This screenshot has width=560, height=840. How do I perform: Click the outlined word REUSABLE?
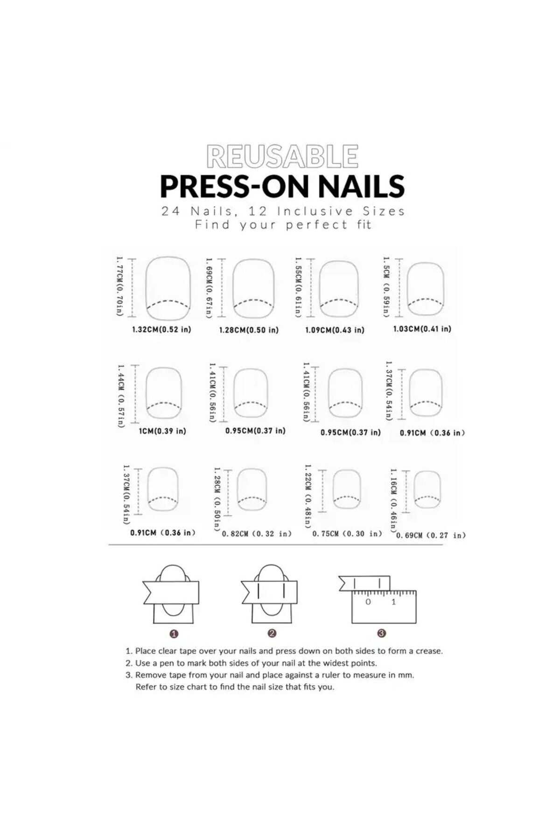click(x=282, y=156)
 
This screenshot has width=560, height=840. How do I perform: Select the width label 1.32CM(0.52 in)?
click(x=161, y=329)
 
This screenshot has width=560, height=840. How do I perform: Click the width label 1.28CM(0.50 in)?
click(x=249, y=330)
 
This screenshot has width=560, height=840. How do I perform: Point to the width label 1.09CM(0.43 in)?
click(x=335, y=330)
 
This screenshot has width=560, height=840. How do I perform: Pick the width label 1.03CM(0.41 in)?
click(x=422, y=329)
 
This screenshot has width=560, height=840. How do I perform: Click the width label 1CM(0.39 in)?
click(x=162, y=431)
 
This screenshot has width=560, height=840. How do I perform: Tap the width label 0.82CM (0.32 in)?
click(x=257, y=534)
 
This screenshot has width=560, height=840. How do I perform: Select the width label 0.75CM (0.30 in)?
click(x=347, y=534)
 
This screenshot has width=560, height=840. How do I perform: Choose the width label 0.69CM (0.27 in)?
click(x=431, y=535)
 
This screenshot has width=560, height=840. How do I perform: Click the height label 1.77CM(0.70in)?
click(x=119, y=286)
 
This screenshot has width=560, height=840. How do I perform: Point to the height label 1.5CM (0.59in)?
click(x=386, y=287)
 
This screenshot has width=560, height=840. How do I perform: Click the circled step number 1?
click(x=174, y=634)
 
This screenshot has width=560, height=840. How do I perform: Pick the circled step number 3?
click(x=382, y=633)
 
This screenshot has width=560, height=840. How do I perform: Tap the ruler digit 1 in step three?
click(x=393, y=602)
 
